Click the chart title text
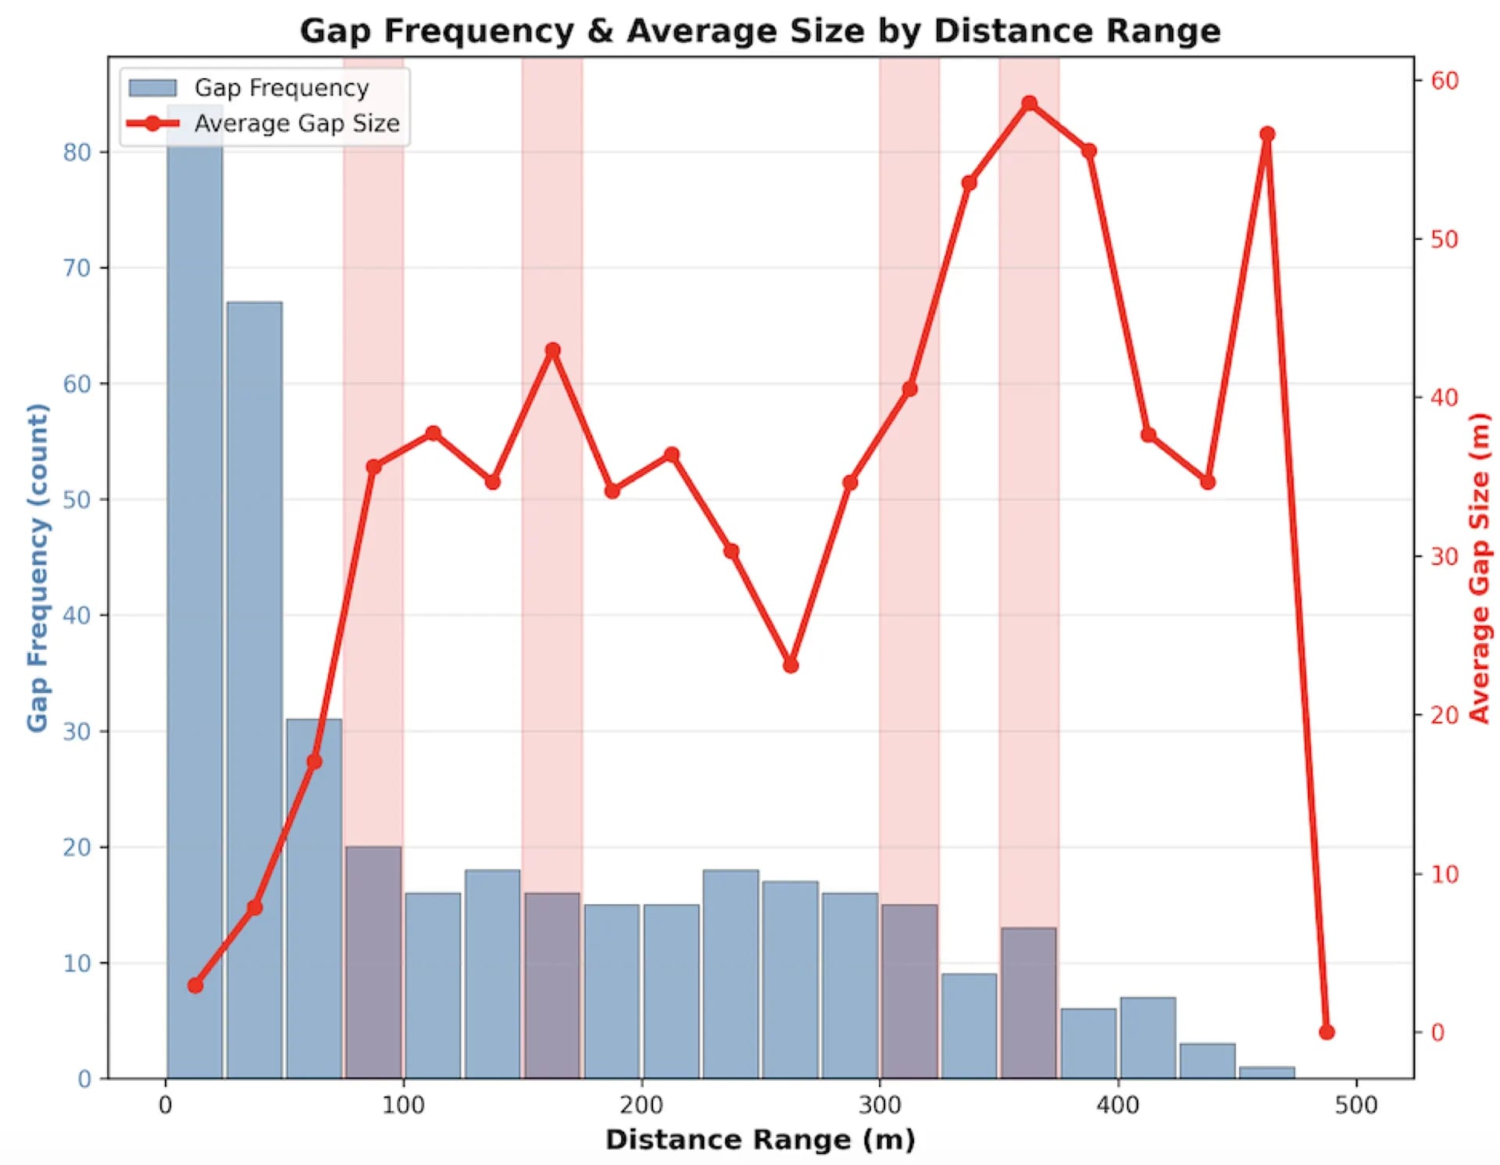(x=759, y=31)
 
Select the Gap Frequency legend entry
(x=248, y=88)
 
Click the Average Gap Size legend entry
(x=263, y=123)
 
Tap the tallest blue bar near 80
(x=195, y=591)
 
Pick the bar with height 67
(x=255, y=690)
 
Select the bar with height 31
(x=314, y=899)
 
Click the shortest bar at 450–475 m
(x=1266, y=1073)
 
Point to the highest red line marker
(x=1030, y=103)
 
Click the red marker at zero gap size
(x=1327, y=1032)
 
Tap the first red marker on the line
(x=195, y=985)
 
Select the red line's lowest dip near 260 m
(x=791, y=665)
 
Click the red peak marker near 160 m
(x=553, y=350)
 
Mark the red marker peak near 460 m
(x=1267, y=134)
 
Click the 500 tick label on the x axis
(x=1356, y=1105)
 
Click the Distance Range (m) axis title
(x=760, y=1140)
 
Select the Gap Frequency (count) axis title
(x=37, y=567)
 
